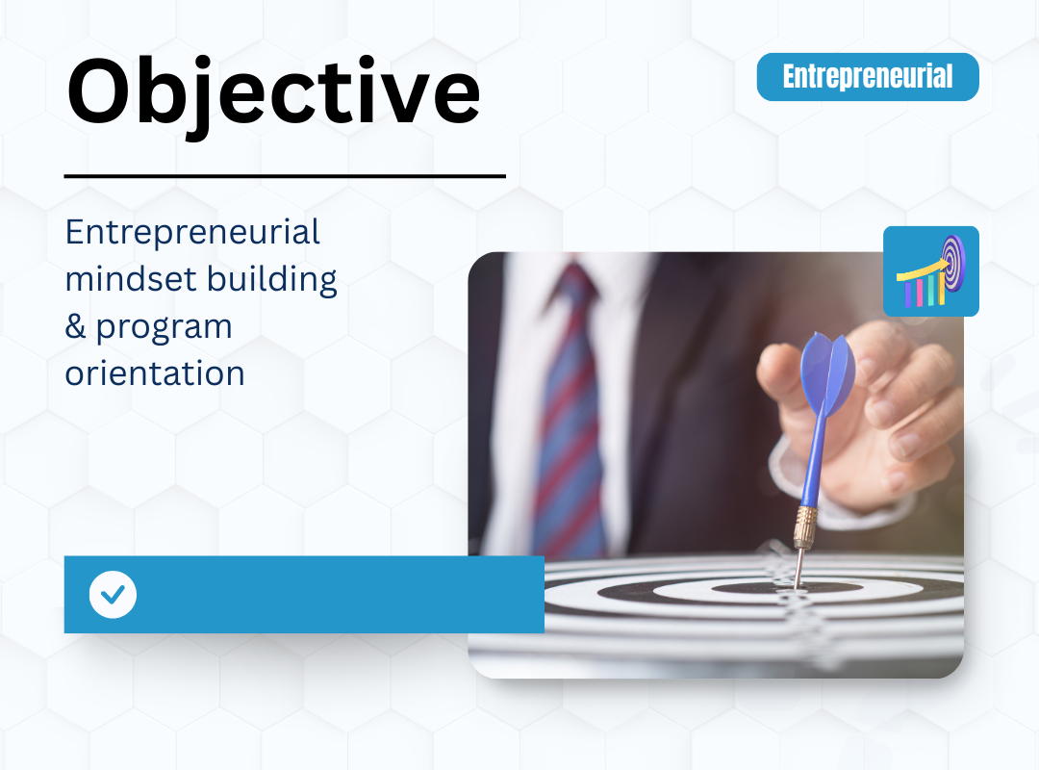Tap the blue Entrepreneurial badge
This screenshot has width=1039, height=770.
(868, 77)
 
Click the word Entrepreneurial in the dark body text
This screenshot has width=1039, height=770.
(192, 233)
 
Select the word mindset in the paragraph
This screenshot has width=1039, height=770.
(131, 279)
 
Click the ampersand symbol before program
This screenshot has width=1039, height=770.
(75, 326)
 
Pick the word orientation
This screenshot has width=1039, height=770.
(155, 373)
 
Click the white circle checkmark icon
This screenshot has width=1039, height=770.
(113, 594)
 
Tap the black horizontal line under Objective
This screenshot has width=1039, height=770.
(285, 176)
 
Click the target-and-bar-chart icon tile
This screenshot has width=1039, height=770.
(931, 271)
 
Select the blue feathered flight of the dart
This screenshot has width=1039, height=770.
(827, 372)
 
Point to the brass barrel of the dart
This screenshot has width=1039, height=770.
(804, 526)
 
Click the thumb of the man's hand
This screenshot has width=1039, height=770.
(782, 372)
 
